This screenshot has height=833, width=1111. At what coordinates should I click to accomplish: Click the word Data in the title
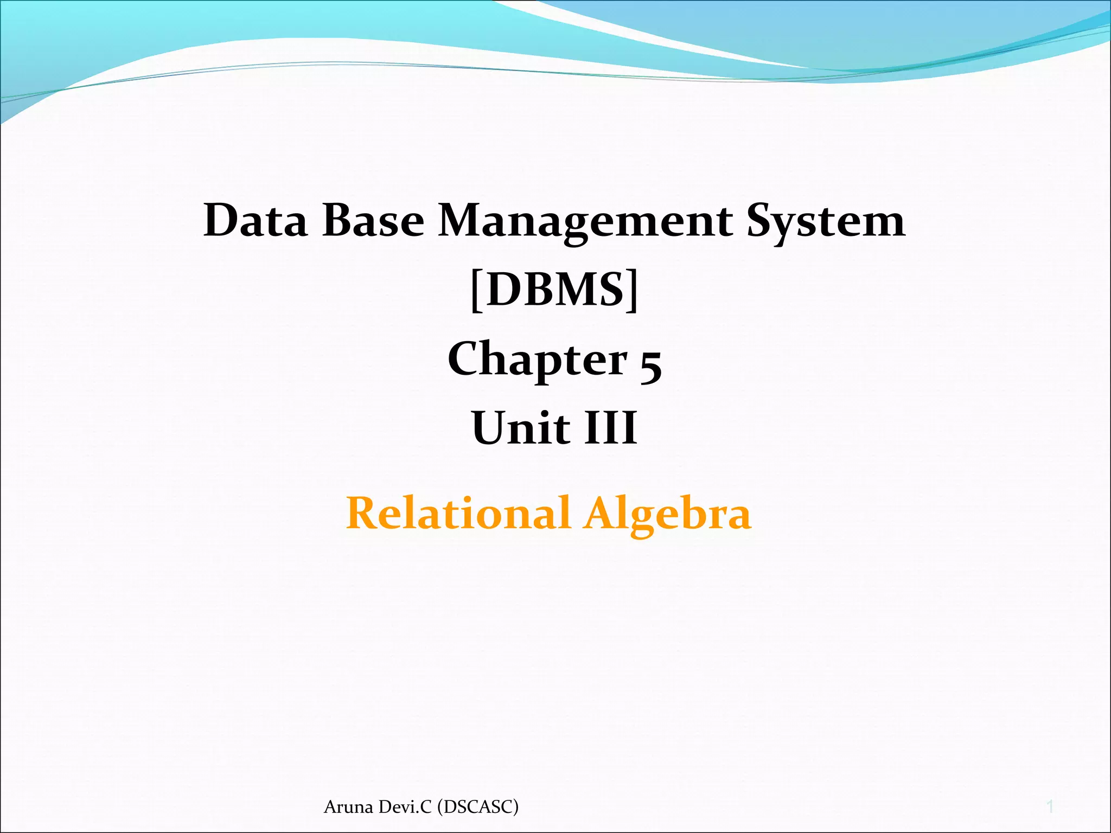(255, 221)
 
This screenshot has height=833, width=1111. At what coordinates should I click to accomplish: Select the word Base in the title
(373, 221)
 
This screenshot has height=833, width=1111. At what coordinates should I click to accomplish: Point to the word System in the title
(826, 221)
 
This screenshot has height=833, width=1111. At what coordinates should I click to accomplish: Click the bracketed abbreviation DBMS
(554, 290)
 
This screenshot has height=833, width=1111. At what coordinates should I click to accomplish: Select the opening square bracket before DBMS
(476, 291)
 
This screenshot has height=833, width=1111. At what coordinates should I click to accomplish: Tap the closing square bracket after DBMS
(633, 291)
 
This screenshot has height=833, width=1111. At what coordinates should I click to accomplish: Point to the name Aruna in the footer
(349, 807)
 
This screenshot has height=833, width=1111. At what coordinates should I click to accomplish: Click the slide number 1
(1050, 807)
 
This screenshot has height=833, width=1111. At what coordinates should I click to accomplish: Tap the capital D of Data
(220, 221)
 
